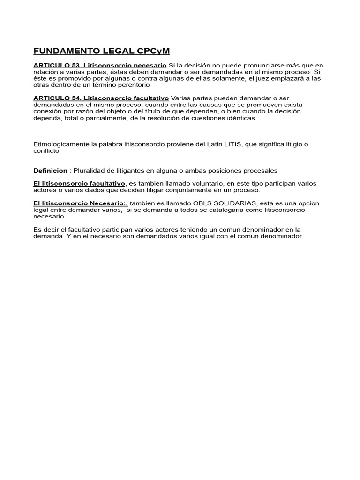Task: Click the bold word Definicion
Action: pos(51,170)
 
